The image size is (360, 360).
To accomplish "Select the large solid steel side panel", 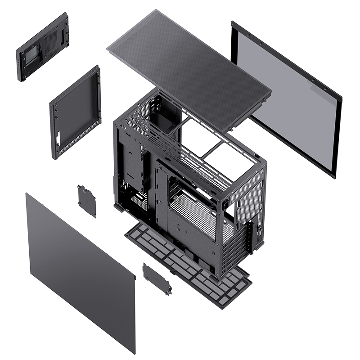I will (81, 270).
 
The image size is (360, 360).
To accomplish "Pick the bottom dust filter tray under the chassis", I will (189, 265).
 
